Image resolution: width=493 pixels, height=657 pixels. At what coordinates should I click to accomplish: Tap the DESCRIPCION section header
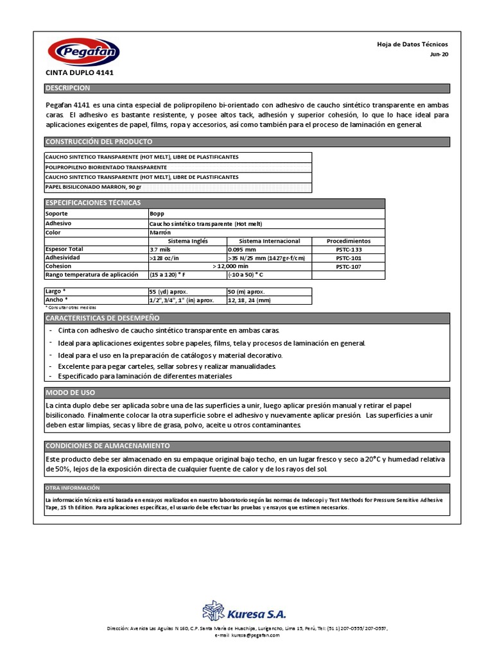coord(68,88)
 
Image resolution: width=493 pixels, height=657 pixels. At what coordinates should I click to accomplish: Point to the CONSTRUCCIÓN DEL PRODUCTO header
coord(98,142)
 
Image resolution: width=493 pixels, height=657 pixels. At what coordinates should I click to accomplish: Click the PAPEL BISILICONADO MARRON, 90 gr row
coord(93,187)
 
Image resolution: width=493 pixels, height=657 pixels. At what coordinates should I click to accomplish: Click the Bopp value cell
coord(157,213)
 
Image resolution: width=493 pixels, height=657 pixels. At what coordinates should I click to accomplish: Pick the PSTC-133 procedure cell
coord(349,249)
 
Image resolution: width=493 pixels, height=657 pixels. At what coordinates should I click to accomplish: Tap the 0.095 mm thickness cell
coord(243,249)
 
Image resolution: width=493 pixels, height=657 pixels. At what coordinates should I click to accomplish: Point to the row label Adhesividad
coord(63,257)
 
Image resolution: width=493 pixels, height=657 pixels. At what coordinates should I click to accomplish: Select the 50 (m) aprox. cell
coord(246,291)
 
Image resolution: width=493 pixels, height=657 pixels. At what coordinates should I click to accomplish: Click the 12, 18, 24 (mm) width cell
coord(250,300)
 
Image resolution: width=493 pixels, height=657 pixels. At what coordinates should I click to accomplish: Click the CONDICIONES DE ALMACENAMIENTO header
coord(107,445)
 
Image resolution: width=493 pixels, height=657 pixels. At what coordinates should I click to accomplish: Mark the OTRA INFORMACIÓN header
coord(73,488)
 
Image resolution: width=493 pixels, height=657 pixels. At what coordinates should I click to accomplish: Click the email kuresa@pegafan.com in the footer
coord(247,635)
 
